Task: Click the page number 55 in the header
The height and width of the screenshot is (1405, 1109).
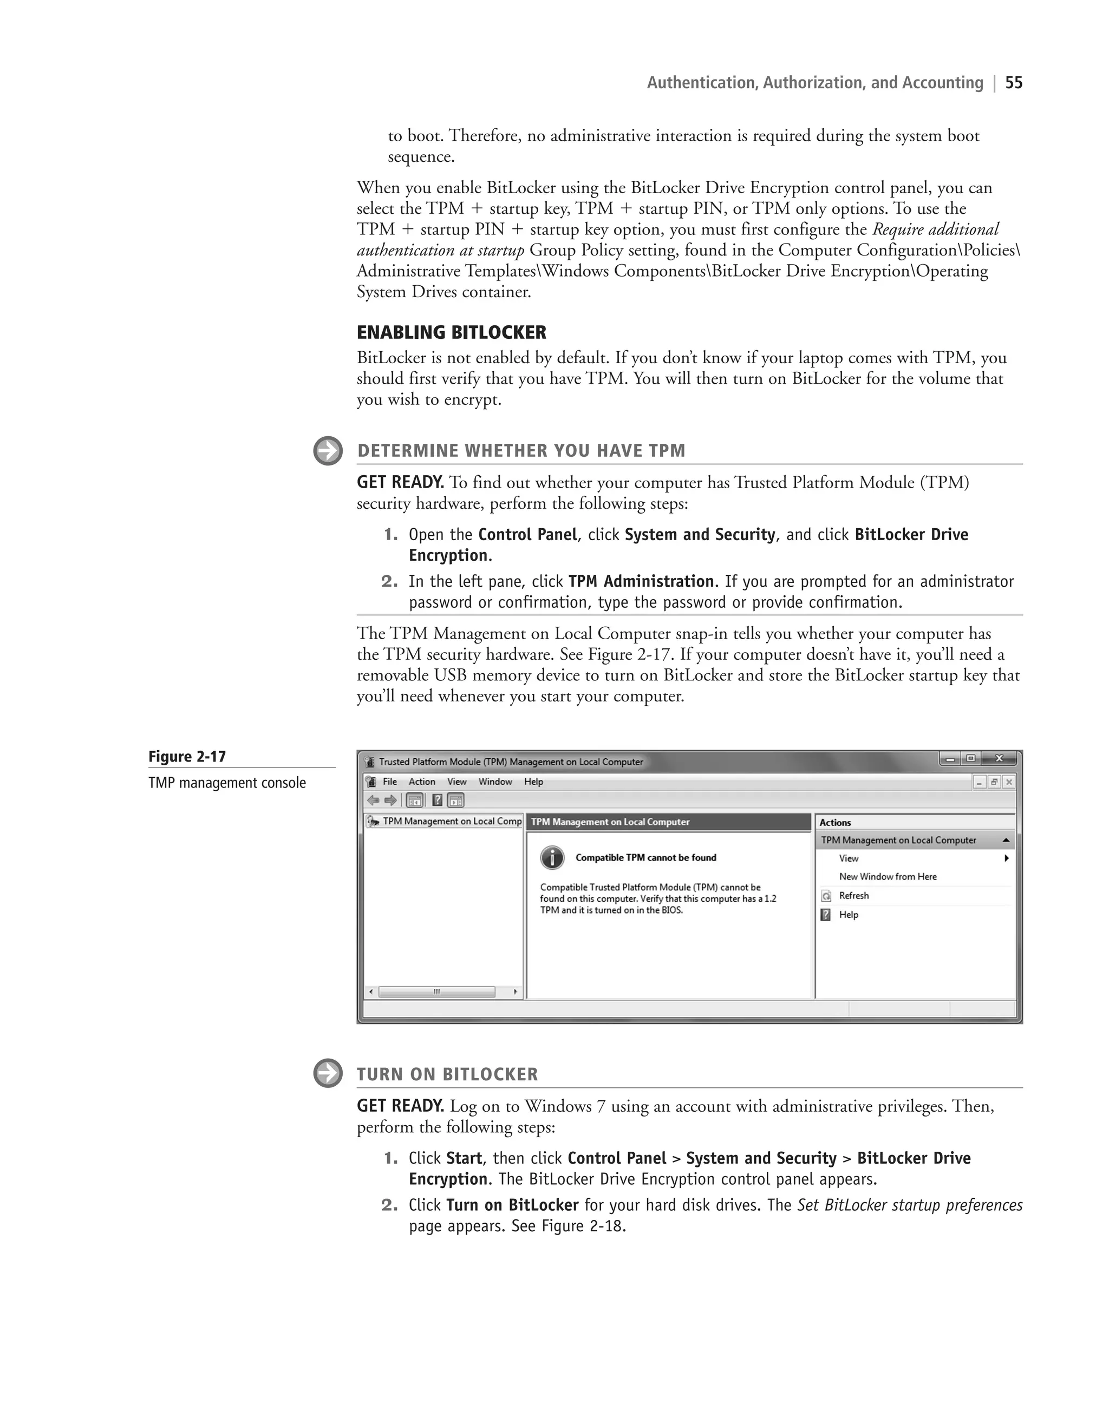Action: click(x=1014, y=83)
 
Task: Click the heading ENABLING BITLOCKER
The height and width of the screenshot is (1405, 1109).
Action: click(x=451, y=332)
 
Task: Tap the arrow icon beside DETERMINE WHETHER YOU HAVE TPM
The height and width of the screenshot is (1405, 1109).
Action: click(x=328, y=450)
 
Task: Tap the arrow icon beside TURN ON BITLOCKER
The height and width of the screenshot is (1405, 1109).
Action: click(x=328, y=1073)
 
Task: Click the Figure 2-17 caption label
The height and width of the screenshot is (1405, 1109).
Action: click(x=187, y=757)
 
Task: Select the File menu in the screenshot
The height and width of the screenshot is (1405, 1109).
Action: click(x=389, y=782)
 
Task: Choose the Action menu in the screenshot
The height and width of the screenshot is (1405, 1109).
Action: click(x=421, y=782)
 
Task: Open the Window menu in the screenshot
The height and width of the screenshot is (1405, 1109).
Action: click(x=495, y=782)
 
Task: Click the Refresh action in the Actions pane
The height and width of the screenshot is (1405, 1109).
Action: click(x=853, y=896)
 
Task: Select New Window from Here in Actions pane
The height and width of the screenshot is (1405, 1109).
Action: click(x=887, y=877)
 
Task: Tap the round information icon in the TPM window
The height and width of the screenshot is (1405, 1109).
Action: click(x=552, y=858)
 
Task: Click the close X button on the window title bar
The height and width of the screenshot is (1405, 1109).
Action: click(x=999, y=759)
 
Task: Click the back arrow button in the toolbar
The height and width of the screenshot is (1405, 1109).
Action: click(x=373, y=800)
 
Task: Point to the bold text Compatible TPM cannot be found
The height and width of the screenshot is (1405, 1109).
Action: click(x=645, y=857)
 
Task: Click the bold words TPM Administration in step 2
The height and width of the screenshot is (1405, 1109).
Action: click(x=641, y=581)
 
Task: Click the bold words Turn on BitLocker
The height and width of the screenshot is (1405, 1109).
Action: click(x=512, y=1205)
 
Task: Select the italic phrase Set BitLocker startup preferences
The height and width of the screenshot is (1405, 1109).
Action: click(x=909, y=1205)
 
